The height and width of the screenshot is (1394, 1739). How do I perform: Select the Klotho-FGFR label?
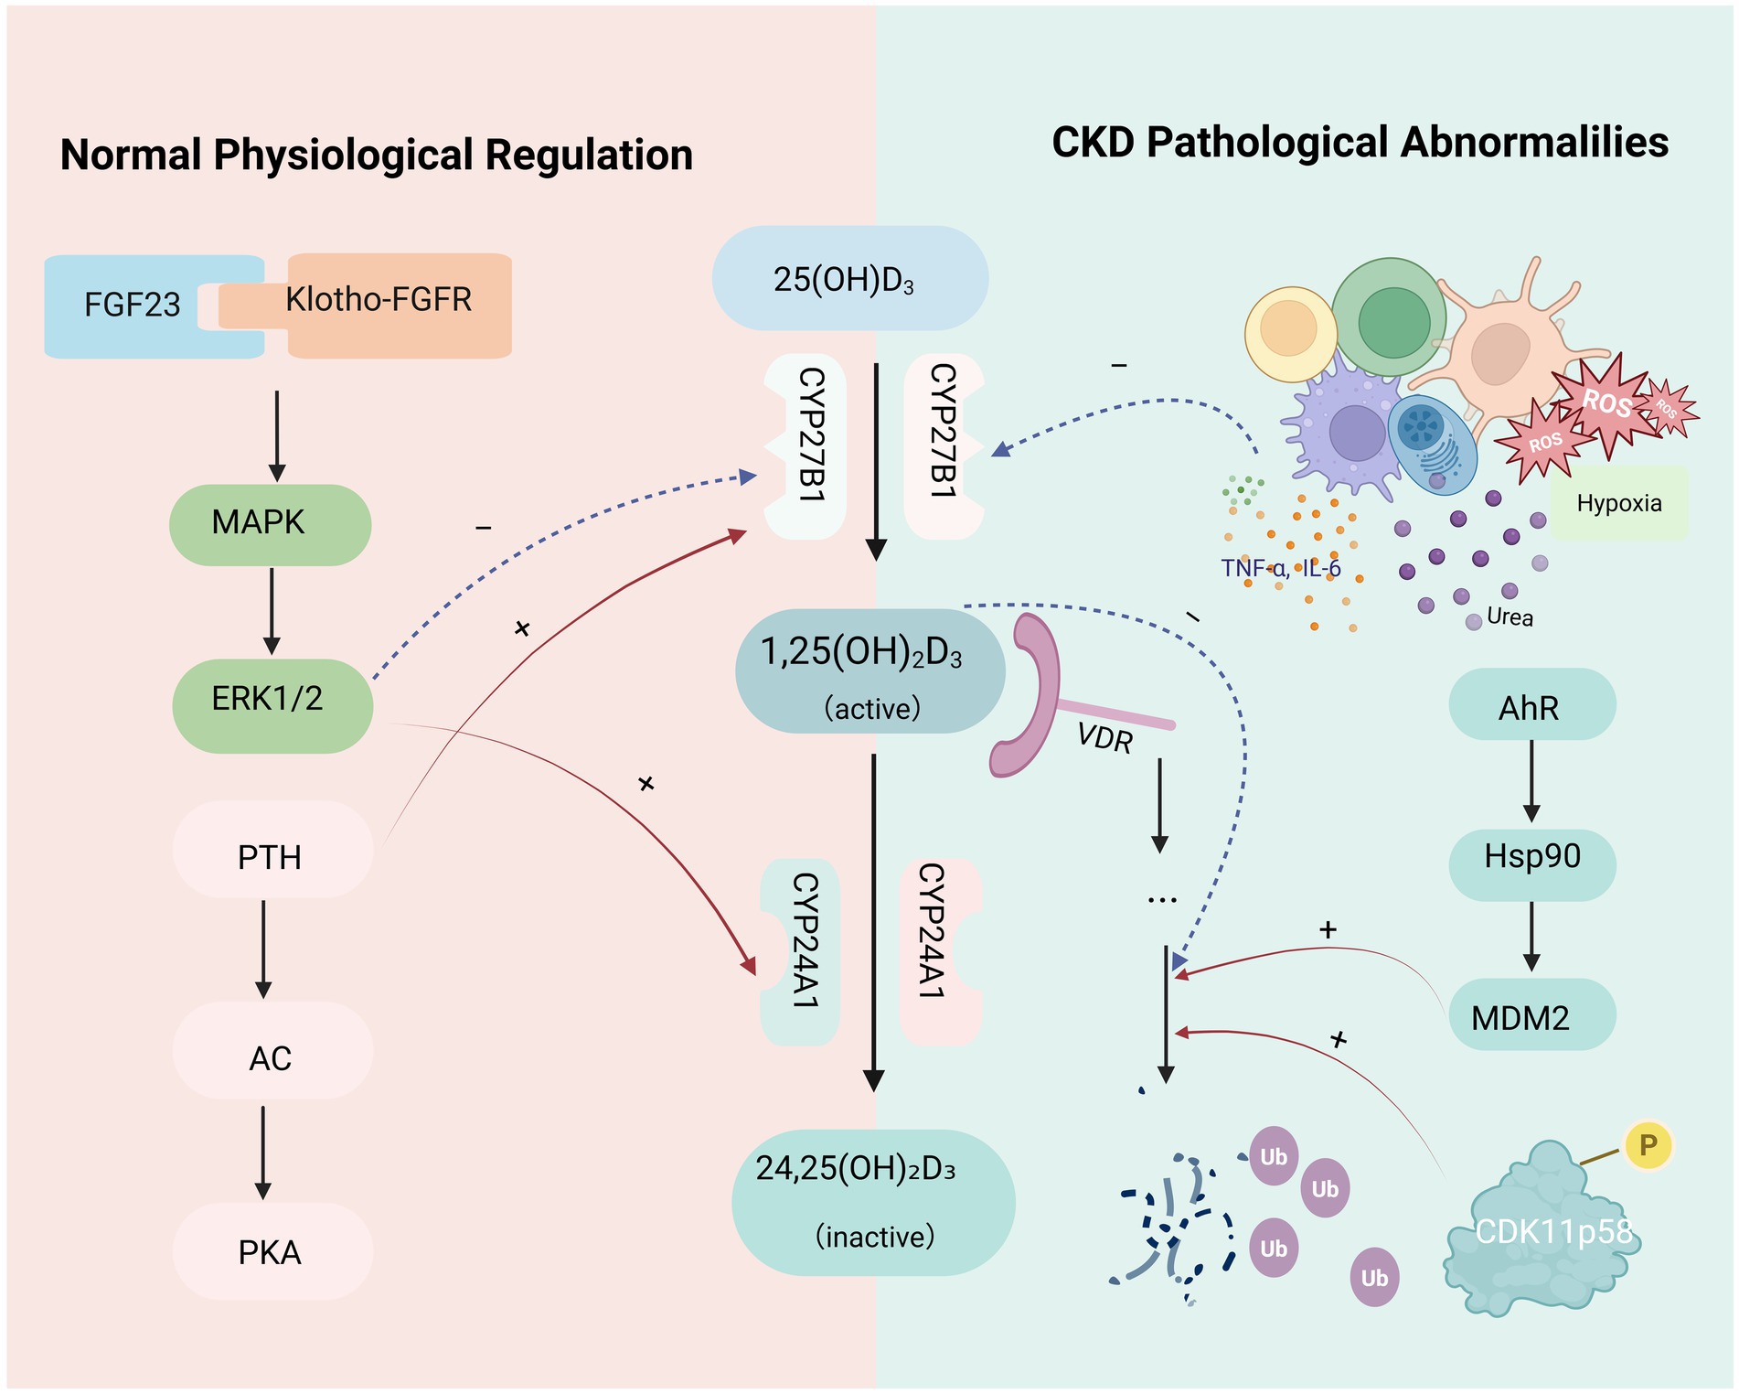379,300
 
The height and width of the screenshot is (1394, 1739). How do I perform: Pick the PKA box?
272,1251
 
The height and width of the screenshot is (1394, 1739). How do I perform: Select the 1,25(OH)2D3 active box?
869,672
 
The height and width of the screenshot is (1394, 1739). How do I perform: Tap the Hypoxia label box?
1619,503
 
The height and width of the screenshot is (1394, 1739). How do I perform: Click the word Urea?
1510,617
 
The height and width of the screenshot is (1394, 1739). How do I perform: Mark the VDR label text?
1104,737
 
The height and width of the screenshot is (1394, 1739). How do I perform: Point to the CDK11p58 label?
1553,1232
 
